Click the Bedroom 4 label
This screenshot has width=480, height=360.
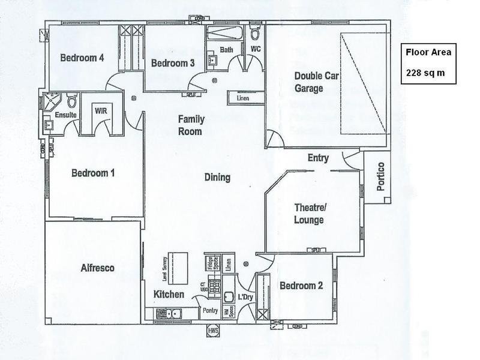click(82, 58)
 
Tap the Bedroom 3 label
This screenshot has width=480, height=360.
click(172, 63)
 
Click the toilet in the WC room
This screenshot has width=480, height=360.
click(255, 32)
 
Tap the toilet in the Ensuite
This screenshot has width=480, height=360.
click(71, 99)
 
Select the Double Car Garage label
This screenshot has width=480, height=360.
click(309, 82)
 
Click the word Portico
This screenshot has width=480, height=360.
click(380, 176)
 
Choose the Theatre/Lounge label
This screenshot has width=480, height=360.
click(309, 214)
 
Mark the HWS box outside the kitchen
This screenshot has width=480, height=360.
click(212, 331)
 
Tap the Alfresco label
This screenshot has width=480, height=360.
click(97, 268)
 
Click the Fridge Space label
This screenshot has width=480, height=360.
click(211, 262)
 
